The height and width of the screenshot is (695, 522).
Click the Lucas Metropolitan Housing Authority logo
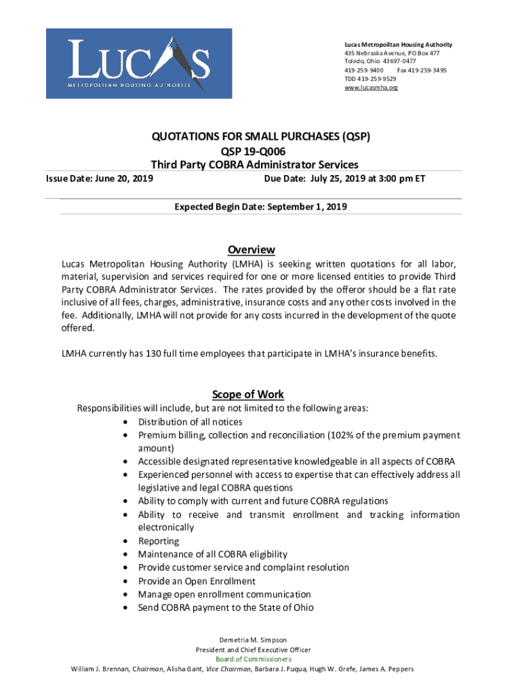click(x=139, y=63)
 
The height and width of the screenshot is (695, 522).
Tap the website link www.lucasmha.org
click(x=371, y=88)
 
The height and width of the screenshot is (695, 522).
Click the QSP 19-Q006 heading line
click(x=261, y=151)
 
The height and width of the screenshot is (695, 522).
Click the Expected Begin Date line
click(x=261, y=207)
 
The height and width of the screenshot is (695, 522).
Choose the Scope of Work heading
click(x=248, y=394)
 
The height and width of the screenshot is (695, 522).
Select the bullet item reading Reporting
click(x=159, y=541)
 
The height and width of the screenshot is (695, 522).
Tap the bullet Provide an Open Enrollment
click(x=197, y=581)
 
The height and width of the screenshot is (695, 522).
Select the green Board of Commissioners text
click(x=253, y=659)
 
